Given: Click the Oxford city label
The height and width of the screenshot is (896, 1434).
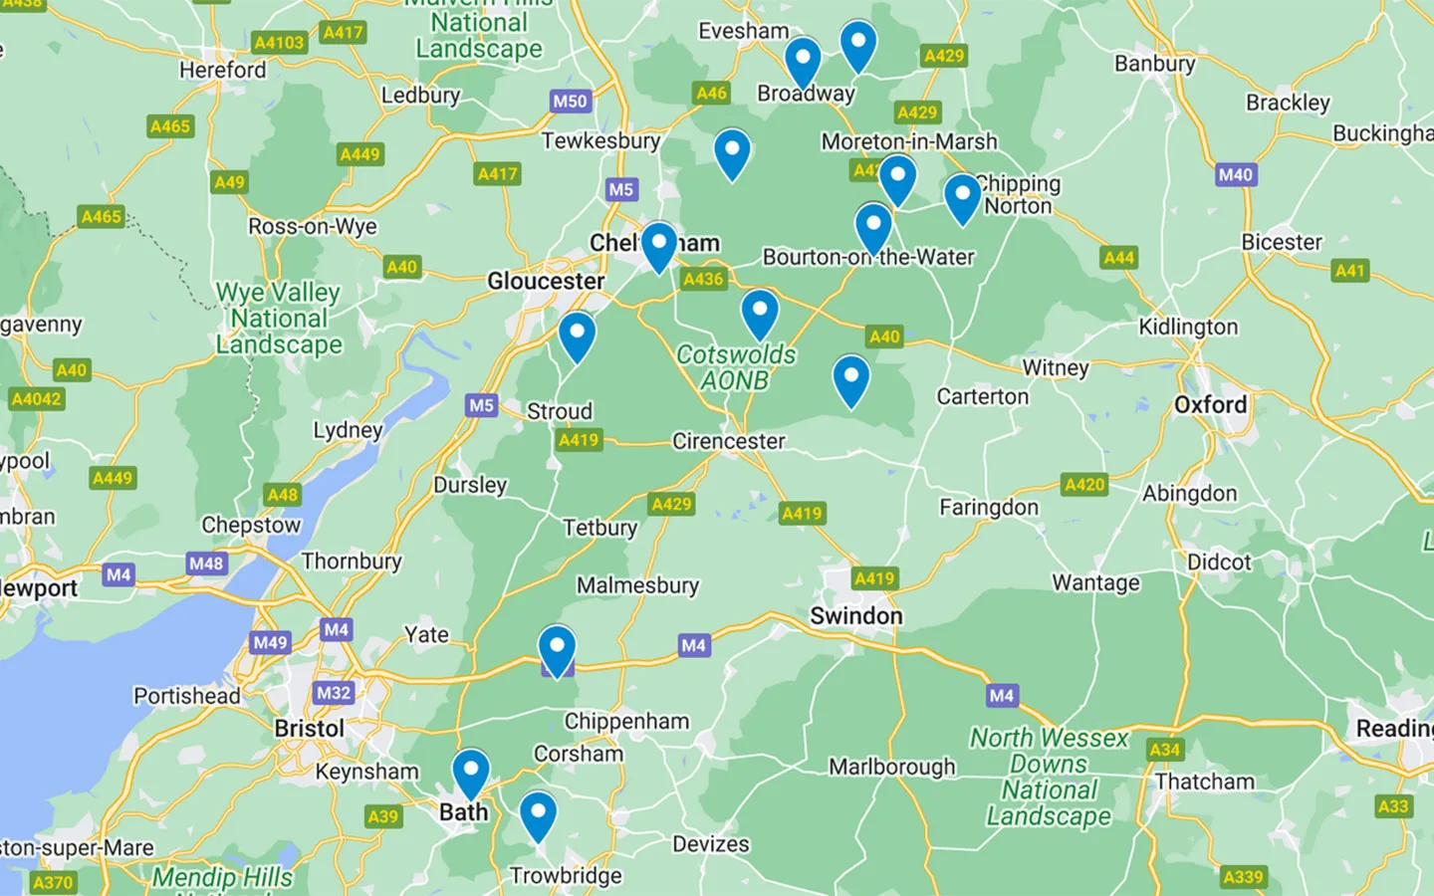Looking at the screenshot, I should [1210, 405].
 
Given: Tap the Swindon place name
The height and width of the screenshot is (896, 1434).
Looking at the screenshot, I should [855, 616].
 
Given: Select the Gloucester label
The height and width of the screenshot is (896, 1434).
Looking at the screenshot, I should [546, 282].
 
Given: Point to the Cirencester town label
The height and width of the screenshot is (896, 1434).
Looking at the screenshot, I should [728, 441].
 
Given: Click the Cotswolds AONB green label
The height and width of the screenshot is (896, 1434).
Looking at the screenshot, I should [736, 367].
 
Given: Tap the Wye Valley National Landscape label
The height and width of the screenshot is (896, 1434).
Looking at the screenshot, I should [279, 319].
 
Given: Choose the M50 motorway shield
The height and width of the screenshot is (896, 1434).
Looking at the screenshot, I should [570, 101].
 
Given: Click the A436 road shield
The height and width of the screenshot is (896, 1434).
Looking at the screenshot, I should [703, 280].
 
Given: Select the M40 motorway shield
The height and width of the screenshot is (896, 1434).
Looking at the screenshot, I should [1235, 174].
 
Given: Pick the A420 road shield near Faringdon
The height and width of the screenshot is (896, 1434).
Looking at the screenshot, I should [1084, 485].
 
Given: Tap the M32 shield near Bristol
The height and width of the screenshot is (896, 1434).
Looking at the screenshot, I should [333, 693].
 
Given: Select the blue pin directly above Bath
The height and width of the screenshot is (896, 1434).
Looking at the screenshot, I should [471, 772].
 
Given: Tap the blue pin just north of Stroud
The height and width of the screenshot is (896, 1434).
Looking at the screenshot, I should [577, 335].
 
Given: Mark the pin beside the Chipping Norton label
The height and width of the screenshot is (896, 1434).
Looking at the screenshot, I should [962, 196].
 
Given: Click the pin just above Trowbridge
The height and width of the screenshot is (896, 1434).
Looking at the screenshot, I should [538, 813].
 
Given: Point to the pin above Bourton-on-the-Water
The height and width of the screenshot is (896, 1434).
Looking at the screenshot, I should [873, 226].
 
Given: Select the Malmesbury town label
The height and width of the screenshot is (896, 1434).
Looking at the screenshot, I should [637, 585].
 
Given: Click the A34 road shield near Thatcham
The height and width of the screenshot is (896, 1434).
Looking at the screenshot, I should [1164, 750].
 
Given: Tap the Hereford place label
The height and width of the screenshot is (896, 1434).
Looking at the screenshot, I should [222, 71].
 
